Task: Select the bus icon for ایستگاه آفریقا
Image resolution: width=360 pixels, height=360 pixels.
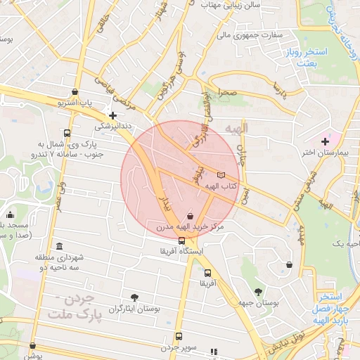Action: pos(182,241)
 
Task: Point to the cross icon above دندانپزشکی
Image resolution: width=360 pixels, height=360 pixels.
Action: pos(112,115)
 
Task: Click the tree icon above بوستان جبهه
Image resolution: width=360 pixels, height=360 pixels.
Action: pos(258,291)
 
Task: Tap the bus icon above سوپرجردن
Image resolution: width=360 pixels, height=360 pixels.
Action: pos(179,336)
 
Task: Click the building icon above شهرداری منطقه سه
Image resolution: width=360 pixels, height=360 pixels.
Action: pos(58,247)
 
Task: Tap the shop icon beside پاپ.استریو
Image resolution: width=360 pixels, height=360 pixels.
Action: pos(75,91)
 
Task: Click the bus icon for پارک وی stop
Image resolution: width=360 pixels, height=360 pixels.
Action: pos(67,133)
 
